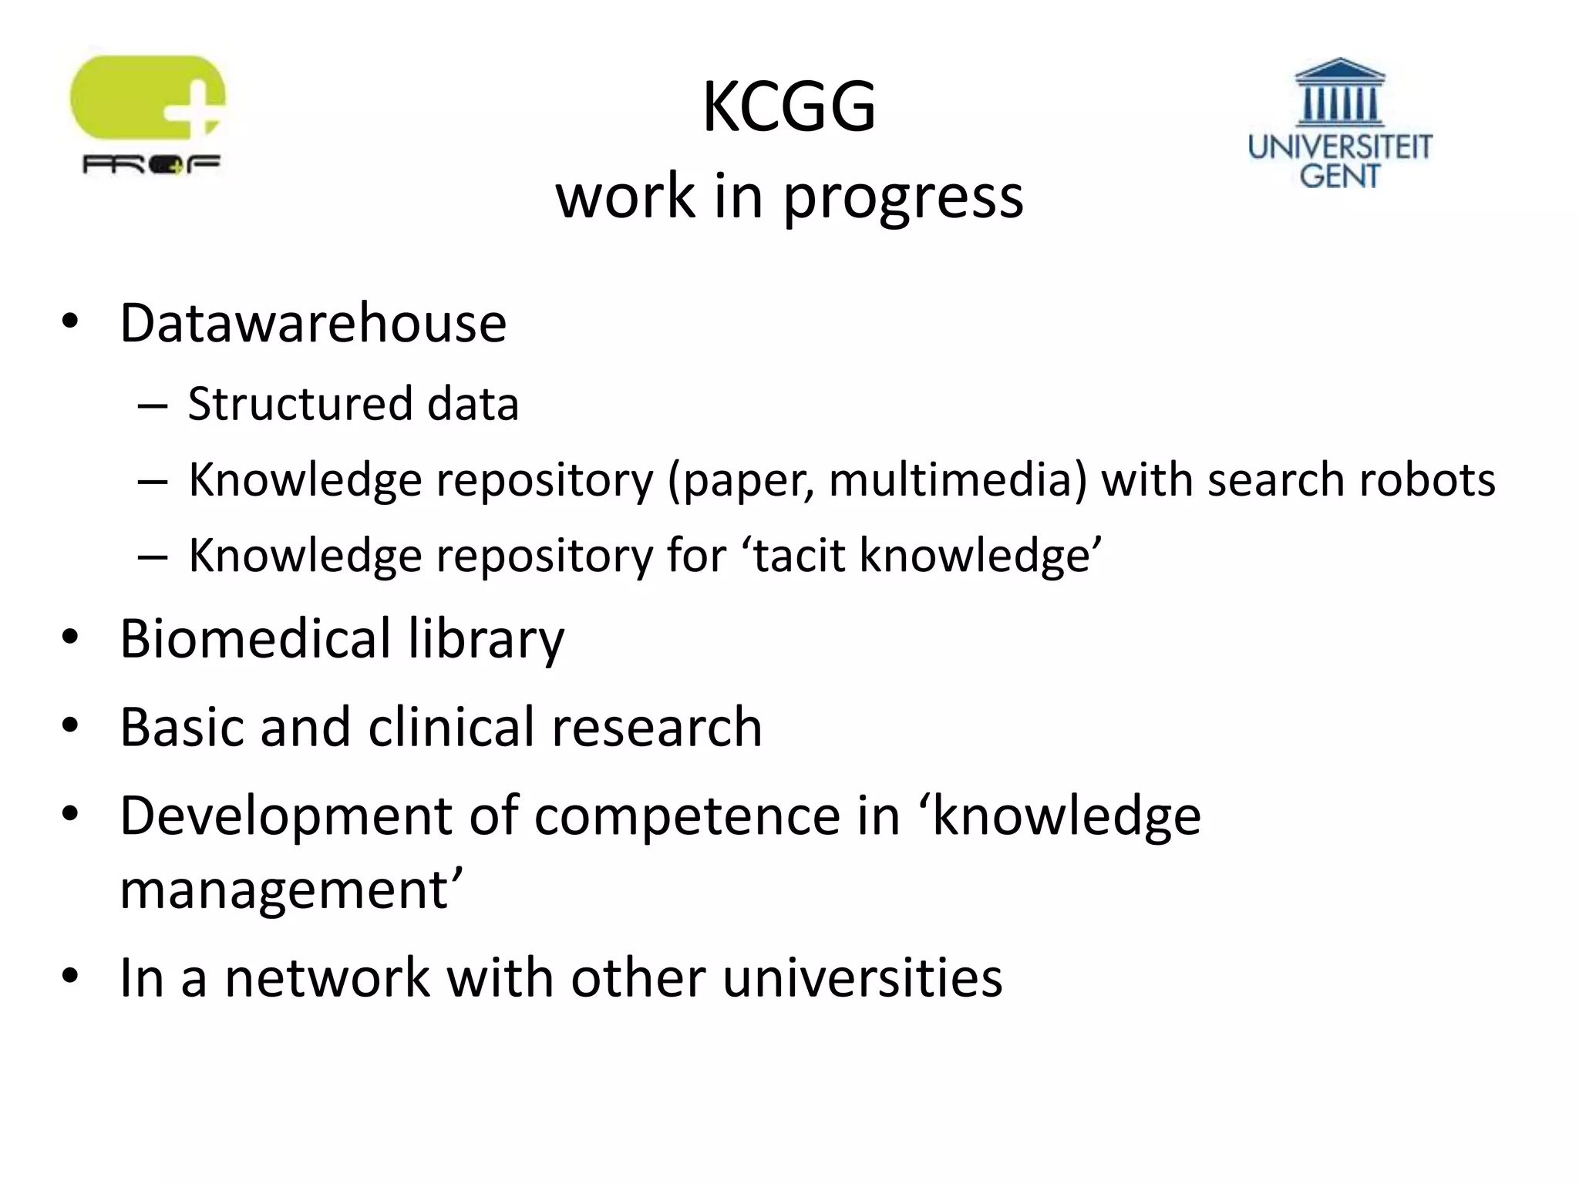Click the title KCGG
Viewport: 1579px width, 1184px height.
[x=789, y=107]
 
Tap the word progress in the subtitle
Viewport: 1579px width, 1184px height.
[x=903, y=197]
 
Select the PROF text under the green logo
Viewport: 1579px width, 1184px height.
[x=151, y=164]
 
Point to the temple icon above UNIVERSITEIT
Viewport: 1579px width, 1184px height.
[x=1339, y=92]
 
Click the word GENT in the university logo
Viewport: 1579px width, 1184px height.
[x=1339, y=176]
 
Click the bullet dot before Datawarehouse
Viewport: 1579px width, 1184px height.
[x=70, y=322]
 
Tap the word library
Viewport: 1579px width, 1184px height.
[x=486, y=640]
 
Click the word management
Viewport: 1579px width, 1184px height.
[x=285, y=890]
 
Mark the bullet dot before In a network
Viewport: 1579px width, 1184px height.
[x=70, y=977]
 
